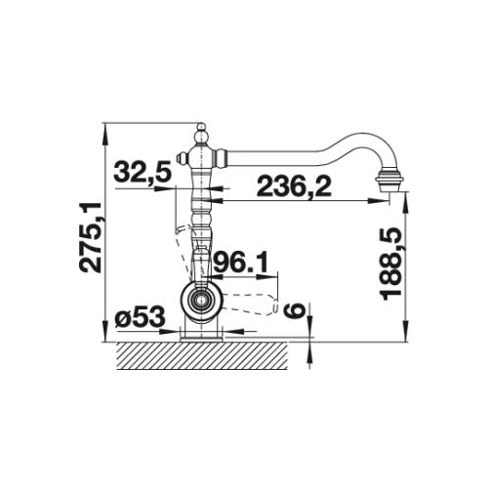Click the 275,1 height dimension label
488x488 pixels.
click(91, 237)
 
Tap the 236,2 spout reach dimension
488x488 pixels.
click(294, 187)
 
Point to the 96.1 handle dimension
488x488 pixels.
click(240, 263)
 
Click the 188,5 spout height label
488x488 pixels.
click(390, 264)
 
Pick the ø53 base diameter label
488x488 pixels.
click(140, 317)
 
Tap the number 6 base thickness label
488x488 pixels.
click(294, 310)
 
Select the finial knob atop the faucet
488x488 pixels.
click(202, 134)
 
